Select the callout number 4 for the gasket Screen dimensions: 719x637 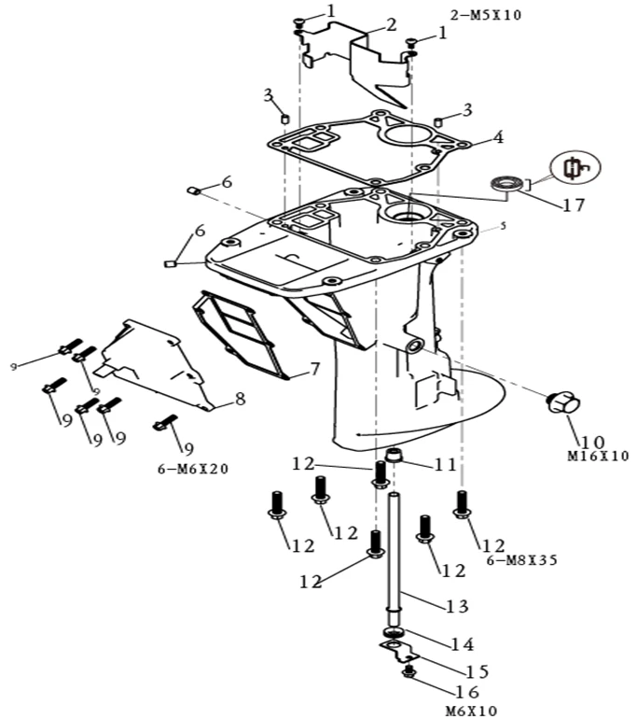coord(498,137)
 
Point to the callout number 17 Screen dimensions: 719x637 coord(575,204)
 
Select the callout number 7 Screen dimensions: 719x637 coord(315,369)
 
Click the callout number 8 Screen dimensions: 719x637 coord(240,400)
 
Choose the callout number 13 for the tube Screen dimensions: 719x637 coord(456,607)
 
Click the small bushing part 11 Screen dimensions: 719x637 coord(395,457)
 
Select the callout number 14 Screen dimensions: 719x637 coord(463,643)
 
